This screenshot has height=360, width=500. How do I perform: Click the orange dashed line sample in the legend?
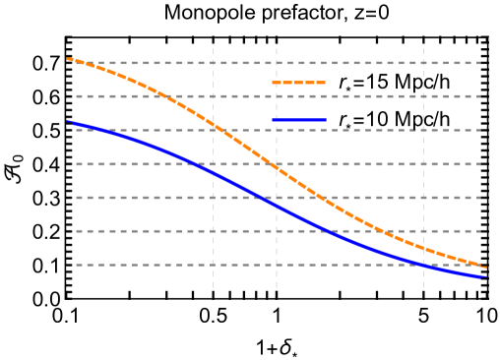(x=298, y=83)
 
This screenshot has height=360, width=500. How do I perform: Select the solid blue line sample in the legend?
(x=298, y=120)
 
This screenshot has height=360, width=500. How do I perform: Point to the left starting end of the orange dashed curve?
(x=67, y=59)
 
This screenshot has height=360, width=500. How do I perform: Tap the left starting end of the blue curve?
(x=67, y=122)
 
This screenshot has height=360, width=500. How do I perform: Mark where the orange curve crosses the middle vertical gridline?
(x=276, y=167)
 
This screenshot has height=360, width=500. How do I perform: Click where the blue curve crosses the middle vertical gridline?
(x=276, y=206)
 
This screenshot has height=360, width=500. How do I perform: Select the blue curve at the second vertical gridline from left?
(x=213, y=173)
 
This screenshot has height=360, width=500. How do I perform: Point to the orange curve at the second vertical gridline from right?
(x=423, y=248)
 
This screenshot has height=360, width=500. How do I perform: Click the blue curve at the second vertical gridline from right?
(x=423, y=265)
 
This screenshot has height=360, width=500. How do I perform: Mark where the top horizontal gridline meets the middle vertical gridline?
(x=276, y=63)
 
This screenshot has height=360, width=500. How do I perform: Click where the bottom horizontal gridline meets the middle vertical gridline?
(x=276, y=265)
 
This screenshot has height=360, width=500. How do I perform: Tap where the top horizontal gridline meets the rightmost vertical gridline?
(x=486, y=63)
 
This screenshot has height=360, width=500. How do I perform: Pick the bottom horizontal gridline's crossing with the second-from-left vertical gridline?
(x=213, y=265)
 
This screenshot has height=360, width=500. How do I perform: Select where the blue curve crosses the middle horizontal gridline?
(x=197, y=164)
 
